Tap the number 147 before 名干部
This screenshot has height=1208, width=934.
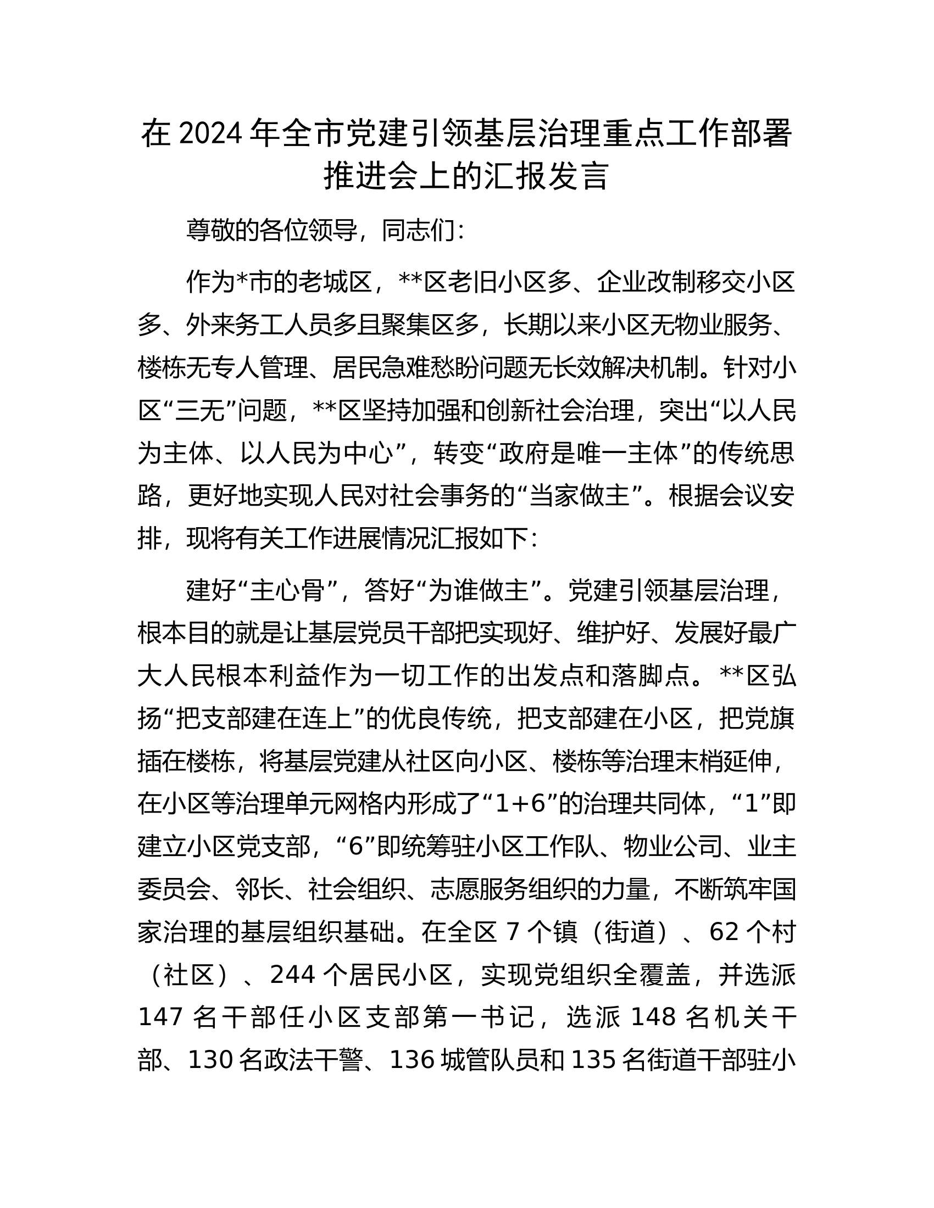[160, 1017]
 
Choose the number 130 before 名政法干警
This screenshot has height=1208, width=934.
[210, 1060]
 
